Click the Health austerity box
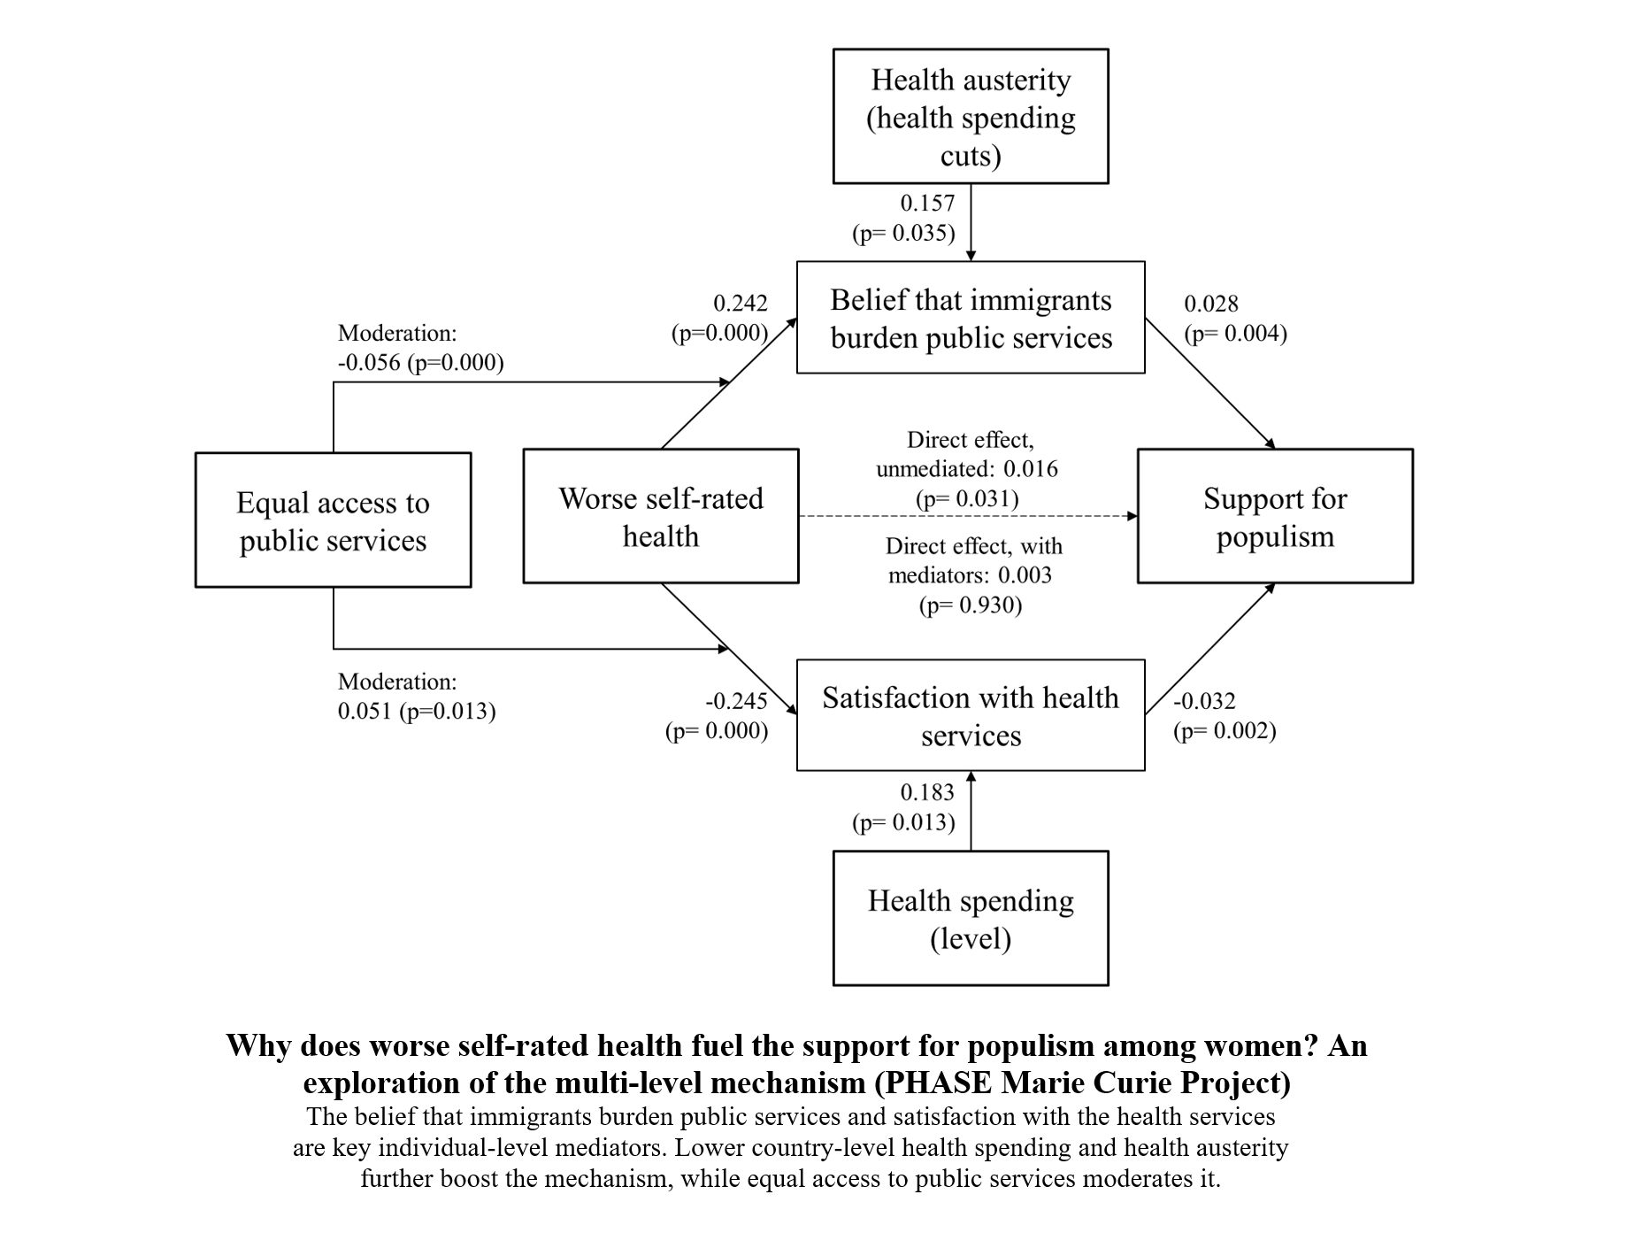(x=971, y=116)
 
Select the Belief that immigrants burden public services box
(x=971, y=318)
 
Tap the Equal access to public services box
(x=333, y=520)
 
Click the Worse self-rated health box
(x=660, y=517)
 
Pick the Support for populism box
(x=1274, y=517)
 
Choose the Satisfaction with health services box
(x=971, y=715)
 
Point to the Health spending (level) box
(x=971, y=919)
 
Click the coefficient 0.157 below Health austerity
(x=927, y=203)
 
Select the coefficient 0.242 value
(x=741, y=303)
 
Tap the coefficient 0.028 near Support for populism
(x=1211, y=304)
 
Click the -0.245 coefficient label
(x=736, y=701)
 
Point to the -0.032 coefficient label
(x=1204, y=701)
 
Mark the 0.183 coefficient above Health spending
(x=927, y=792)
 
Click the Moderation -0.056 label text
(x=420, y=348)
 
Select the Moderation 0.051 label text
(x=416, y=697)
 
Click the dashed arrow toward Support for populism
(x=968, y=516)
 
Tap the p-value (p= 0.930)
(x=971, y=605)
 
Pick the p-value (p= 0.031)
(x=967, y=498)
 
